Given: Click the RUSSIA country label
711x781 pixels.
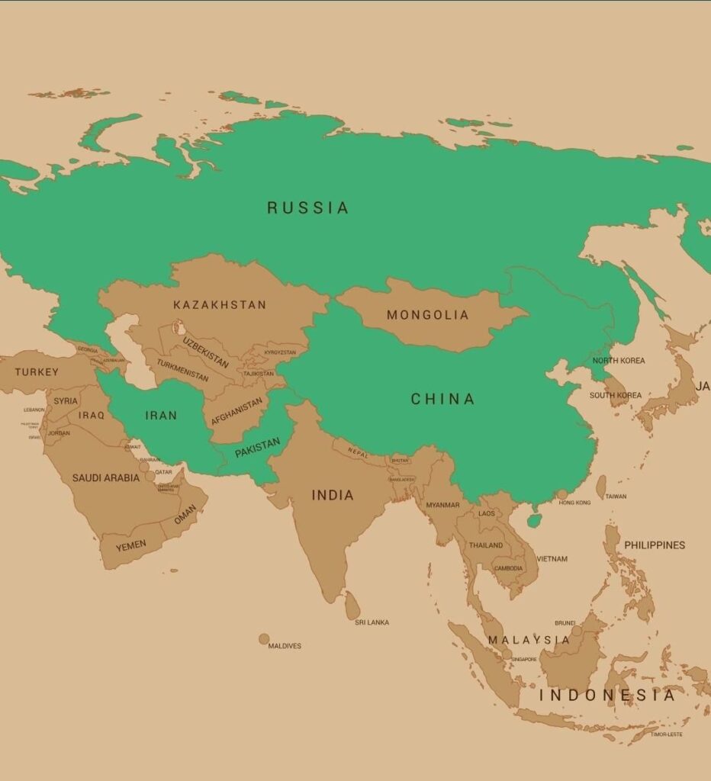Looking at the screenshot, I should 307,207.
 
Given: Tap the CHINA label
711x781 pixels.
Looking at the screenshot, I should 442,399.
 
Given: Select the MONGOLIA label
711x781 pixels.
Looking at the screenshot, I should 427,315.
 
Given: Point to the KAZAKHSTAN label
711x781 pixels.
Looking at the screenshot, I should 220,305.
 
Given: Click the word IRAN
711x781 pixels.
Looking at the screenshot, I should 161,416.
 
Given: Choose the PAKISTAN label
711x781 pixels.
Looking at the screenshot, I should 257,448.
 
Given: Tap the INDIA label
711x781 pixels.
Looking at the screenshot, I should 333,495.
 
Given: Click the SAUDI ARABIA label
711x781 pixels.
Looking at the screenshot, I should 106,478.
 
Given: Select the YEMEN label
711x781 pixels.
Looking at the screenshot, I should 130,547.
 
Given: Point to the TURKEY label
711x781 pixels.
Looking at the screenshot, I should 36,372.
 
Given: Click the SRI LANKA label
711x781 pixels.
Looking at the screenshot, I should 372,622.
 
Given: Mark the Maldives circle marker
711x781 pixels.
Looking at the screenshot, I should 264,638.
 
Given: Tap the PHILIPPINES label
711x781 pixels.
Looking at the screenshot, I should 655,545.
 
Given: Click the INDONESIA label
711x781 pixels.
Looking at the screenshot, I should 607,695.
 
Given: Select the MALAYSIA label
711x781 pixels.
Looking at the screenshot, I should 529,640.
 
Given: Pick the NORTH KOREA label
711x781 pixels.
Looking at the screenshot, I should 618,361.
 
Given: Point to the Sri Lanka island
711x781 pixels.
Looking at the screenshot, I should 352,606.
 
